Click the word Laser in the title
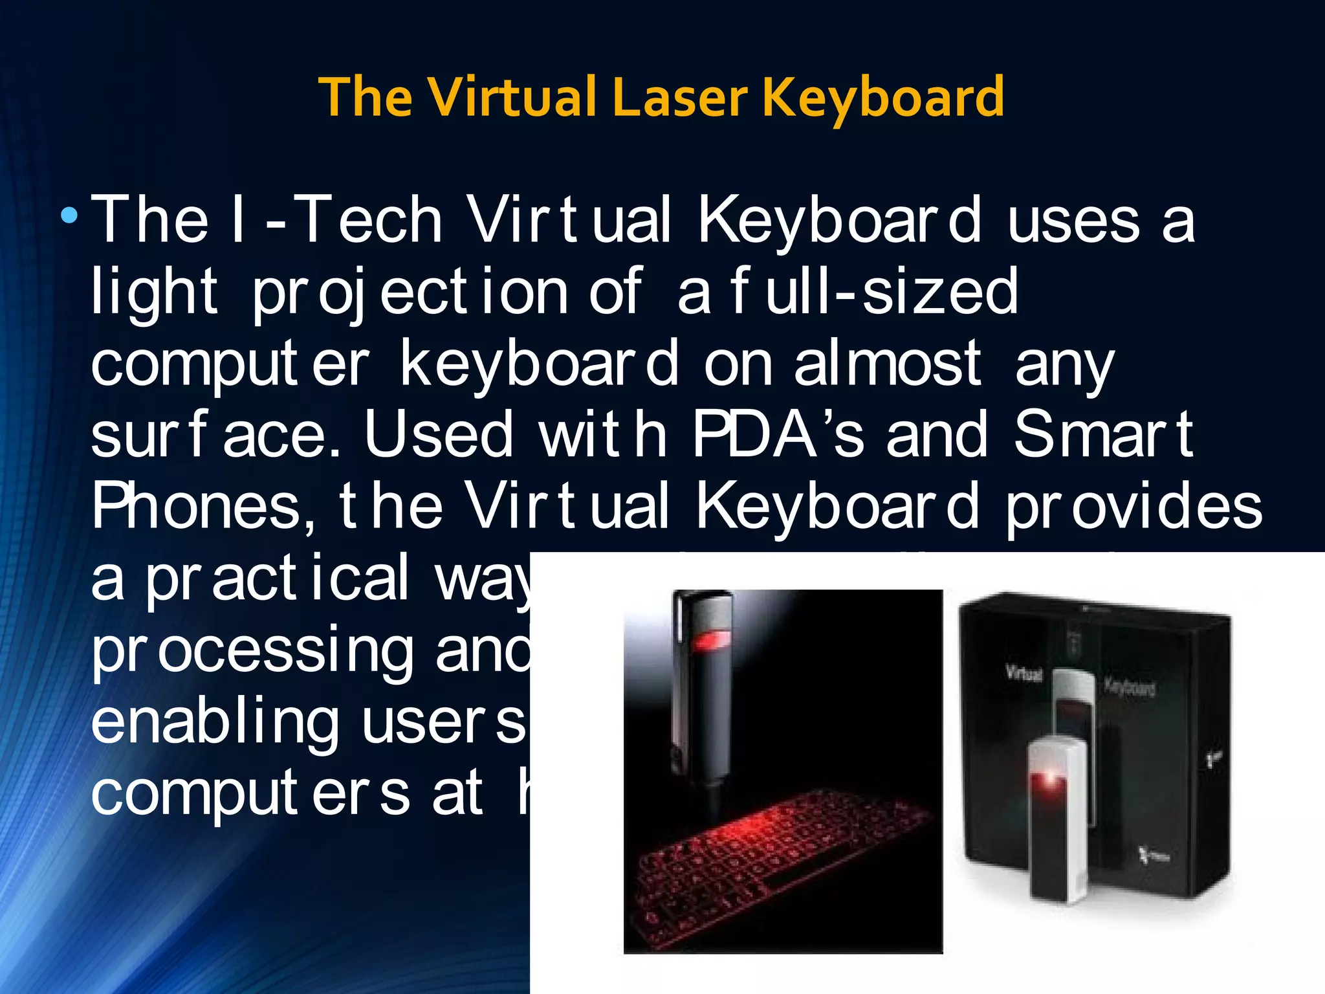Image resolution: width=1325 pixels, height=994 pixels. coord(680,97)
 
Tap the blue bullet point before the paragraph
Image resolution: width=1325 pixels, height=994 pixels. coord(69,215)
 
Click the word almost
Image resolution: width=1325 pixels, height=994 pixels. coord(888,364)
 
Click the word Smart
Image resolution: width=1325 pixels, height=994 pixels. coord(1103,435)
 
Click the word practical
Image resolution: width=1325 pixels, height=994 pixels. coord(278,579)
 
